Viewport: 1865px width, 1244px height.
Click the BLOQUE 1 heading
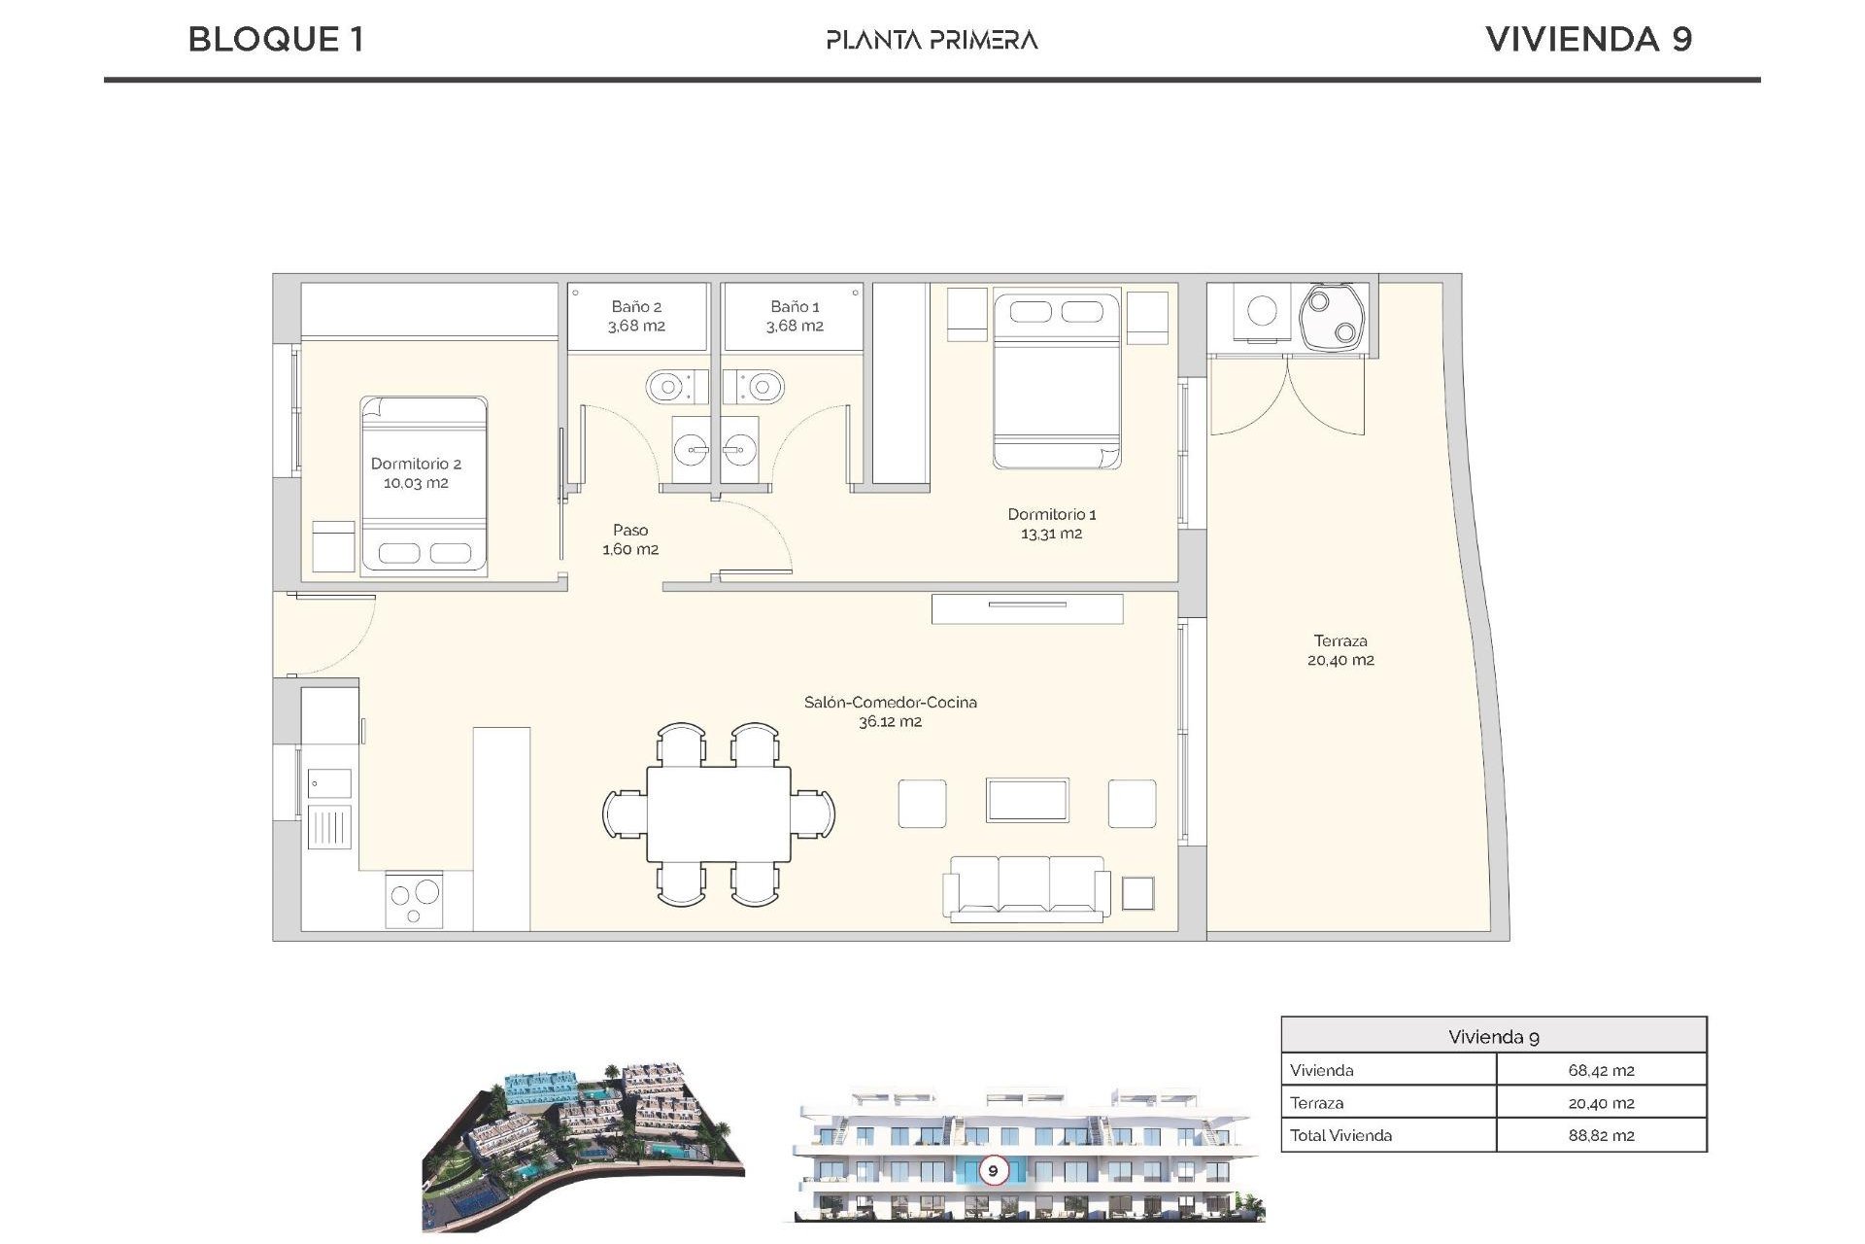coord(276,40)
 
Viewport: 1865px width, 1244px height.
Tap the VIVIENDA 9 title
coord(1588,40)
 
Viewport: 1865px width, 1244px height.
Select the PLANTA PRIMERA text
coord(932,40)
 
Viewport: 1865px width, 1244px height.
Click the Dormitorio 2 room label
coord(416,473)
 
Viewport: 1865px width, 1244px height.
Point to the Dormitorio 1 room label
coord(1051,524)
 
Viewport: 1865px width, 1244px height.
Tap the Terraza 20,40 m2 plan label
coord(1340,650)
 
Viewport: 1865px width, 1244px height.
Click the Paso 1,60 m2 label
coord(630,539)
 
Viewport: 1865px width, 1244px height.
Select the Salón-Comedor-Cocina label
coord(890,711)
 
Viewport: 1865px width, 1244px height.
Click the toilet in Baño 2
coord(670,388)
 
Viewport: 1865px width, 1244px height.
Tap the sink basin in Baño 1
coord(740,450)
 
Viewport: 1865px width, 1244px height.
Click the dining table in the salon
coord(719,813)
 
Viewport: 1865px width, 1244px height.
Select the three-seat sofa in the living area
coord(1026,887)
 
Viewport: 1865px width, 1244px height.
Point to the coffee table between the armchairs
coord(1027,801)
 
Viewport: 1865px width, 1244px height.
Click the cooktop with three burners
coord(415,901)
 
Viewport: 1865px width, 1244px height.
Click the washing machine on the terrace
coord(1262,311)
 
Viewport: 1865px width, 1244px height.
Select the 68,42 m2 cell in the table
coord(1601,1070)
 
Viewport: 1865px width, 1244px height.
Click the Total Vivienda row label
coord(1340,1135)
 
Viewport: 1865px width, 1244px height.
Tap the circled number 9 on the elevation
coord(993,1170)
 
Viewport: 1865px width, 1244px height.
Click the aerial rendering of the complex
coord(583,1147)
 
